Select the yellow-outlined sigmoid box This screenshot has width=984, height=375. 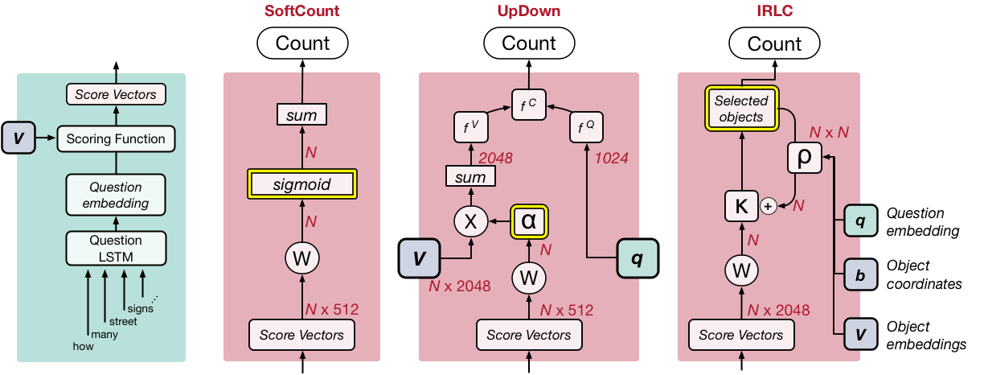coord(302,185)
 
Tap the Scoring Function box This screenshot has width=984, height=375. coord(115,138)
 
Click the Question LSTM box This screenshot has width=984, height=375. coord(115,249)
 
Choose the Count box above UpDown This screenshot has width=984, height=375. coord(528,43)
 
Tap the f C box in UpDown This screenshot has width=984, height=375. coord(528,102)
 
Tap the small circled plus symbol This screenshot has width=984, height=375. coord(768,206)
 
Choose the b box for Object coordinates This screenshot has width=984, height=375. coord(860,275)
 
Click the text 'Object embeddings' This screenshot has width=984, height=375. coord(925,336)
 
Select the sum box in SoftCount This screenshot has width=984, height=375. coord(302,116)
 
